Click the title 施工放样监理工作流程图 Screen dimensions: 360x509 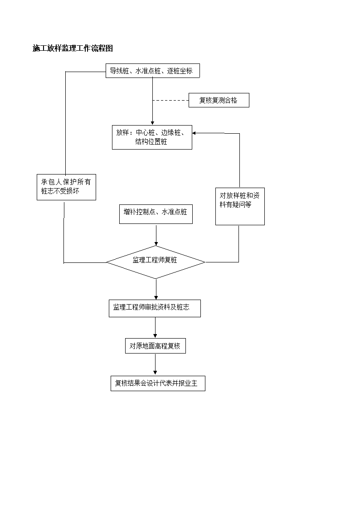pyautogui.click(x=73, y=48)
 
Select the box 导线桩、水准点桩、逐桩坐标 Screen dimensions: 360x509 pyautogui.click(x=153, y=71)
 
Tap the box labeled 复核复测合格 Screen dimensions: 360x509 pyautogui.click(x=219, y=100)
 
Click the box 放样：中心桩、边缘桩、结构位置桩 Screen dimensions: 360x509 pyautogui.click(x=152, y=137)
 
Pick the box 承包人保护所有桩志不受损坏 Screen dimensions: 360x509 pyautogui.click(x=66, y=187)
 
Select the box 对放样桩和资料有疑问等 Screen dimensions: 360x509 pyautogui.click(x=240, y=207)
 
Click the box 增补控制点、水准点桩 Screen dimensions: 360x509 pyautogui.click(x=156, y=214)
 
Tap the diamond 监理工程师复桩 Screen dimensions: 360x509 pyautogui.click(x=156, y=262)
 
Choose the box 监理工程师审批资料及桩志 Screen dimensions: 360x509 pyautogui.click(x=155, y=308)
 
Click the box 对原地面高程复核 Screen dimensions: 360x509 pyautogui.click(x=155, y=346)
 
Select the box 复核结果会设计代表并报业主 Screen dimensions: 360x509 pyautogui.click(x=158, y=383)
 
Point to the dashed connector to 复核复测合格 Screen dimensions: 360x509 pyautogui.click(x=171, y=101)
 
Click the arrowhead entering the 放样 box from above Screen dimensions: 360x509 pyautogui.click(x=153, y=123)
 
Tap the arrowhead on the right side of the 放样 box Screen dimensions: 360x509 pyautogui.click(x=194, y=133)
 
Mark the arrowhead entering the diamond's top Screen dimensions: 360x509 pyautogui.click(x=156, y=244)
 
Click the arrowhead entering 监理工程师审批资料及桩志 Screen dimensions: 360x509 pyautogui.click(x=156, y=298)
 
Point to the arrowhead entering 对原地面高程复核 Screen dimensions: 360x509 pyautogui.click(x=155, y=336)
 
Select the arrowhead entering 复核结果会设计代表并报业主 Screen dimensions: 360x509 pyautogui.click(x=155, y=374)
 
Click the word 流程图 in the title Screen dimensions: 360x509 pyautogui.click(x=102, y=48)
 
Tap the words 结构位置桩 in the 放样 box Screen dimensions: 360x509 pyautogui.click(x=151, y=142)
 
